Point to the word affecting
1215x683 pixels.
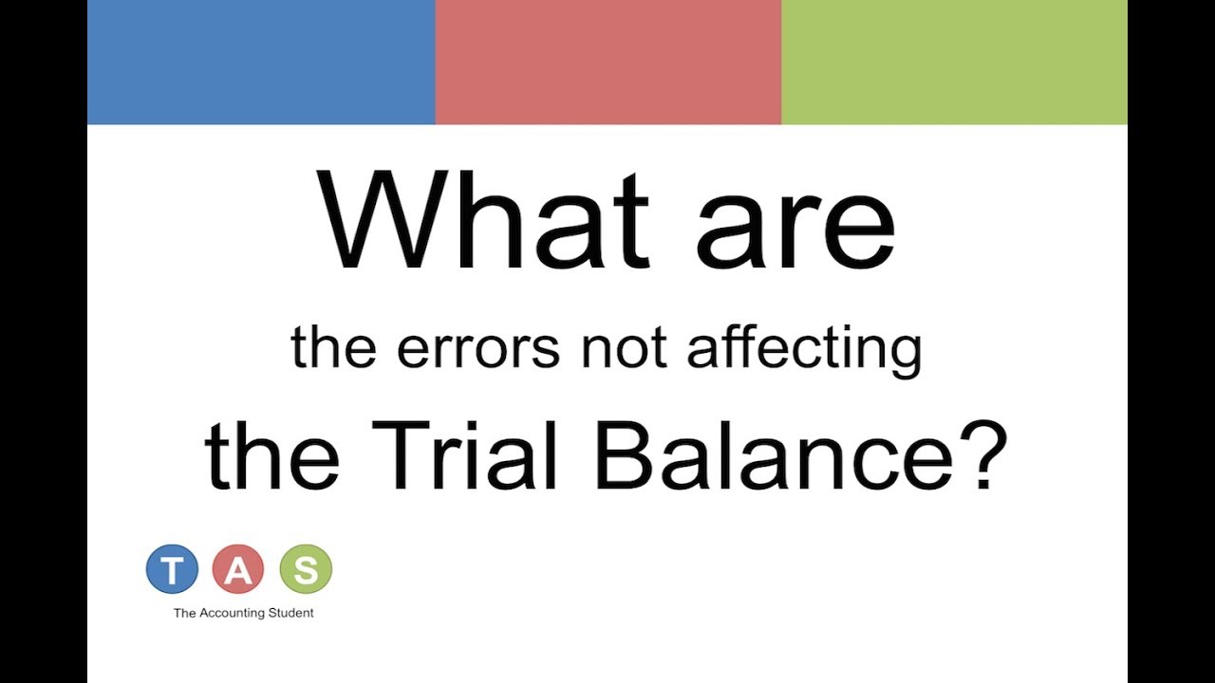(804, 348)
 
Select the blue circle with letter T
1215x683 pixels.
(172, 569)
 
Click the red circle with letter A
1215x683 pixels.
(238, 569)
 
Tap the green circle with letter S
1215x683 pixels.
(306, 569)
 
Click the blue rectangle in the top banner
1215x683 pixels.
(261, 62)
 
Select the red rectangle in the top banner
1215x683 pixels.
(607, 62)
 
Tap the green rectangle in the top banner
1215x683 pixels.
(954, 62)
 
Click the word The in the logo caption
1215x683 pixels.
(184, 613)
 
